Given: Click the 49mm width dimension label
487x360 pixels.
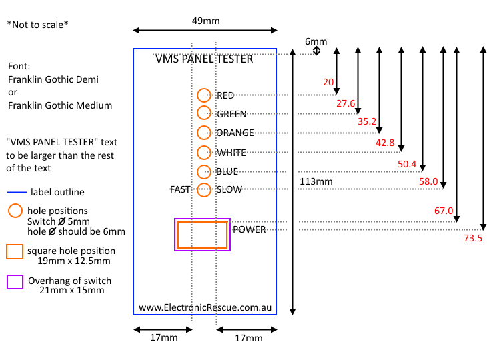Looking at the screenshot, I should pyautogui.click(x=205, y=21).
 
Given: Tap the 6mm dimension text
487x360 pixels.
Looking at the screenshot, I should pyautogui.click(x=316, y=41).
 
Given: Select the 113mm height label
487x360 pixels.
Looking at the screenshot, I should pyautogui.click(x=316, y=181).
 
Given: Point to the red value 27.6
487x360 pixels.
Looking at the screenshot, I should pyautogui.click(x=346, y=103).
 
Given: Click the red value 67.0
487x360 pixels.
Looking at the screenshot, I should pyautogui.click(x=444, y=211).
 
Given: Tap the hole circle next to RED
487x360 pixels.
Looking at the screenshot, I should pyautogui.click(x=204, y=95).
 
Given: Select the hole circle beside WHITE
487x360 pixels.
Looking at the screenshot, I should pyautogui.click(x=204, y=152).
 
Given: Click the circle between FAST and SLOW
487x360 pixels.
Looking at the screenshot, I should pyautogui.click(x=204, y=189).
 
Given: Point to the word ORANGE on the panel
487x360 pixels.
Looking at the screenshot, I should pyautogui.click(x=235, y=133).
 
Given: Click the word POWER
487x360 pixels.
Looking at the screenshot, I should pyautogui.click(x=249, y=229).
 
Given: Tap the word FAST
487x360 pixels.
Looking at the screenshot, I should pyautogui.click(x=180, y=190).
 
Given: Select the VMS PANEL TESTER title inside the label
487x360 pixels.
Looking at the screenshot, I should pyautogui.click(x=204, y=59).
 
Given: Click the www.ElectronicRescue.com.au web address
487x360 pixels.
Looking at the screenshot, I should pyautogui.click(x=204, y=308).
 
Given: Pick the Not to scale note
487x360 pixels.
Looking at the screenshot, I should pyautogui.click(x=38, y=25).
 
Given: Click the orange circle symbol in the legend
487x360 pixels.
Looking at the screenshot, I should pyautogui.click(x=15, y=211).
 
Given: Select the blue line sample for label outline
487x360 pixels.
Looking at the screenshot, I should pyautogui.click(x=16, y=192).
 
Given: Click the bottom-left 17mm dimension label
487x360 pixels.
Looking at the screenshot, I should pyautogui.click(x=163, y=338).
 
